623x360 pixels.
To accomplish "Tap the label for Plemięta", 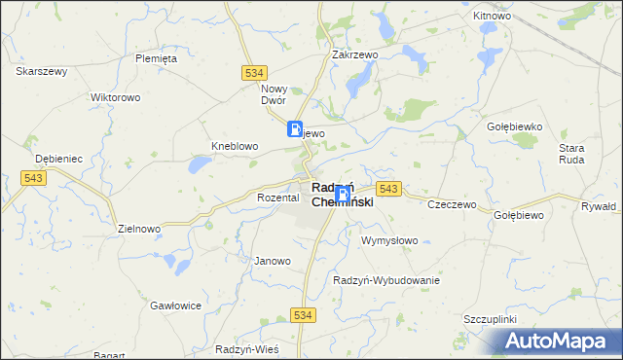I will tap(156, 58).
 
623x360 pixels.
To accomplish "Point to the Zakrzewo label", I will tap(354, 55).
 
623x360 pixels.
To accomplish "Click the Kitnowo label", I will tap(492, 17).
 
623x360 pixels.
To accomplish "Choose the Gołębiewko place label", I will tap(513, 126).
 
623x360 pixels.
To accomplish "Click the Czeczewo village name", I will tap(452, 204).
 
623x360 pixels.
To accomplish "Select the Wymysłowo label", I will tap(389, 240).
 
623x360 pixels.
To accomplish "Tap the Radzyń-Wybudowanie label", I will tap(386, 280).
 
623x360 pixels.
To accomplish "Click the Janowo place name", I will tap(273, 261).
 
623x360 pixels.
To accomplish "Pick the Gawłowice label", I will tap(175, 305).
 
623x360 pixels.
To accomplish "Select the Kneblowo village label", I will tap(235, 146).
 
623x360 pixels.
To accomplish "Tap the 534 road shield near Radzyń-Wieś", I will tap(304, 314).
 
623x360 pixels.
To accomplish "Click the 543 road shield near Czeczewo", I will tap(388, 188).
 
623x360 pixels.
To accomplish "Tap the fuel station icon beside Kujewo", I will tap(294, 128).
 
